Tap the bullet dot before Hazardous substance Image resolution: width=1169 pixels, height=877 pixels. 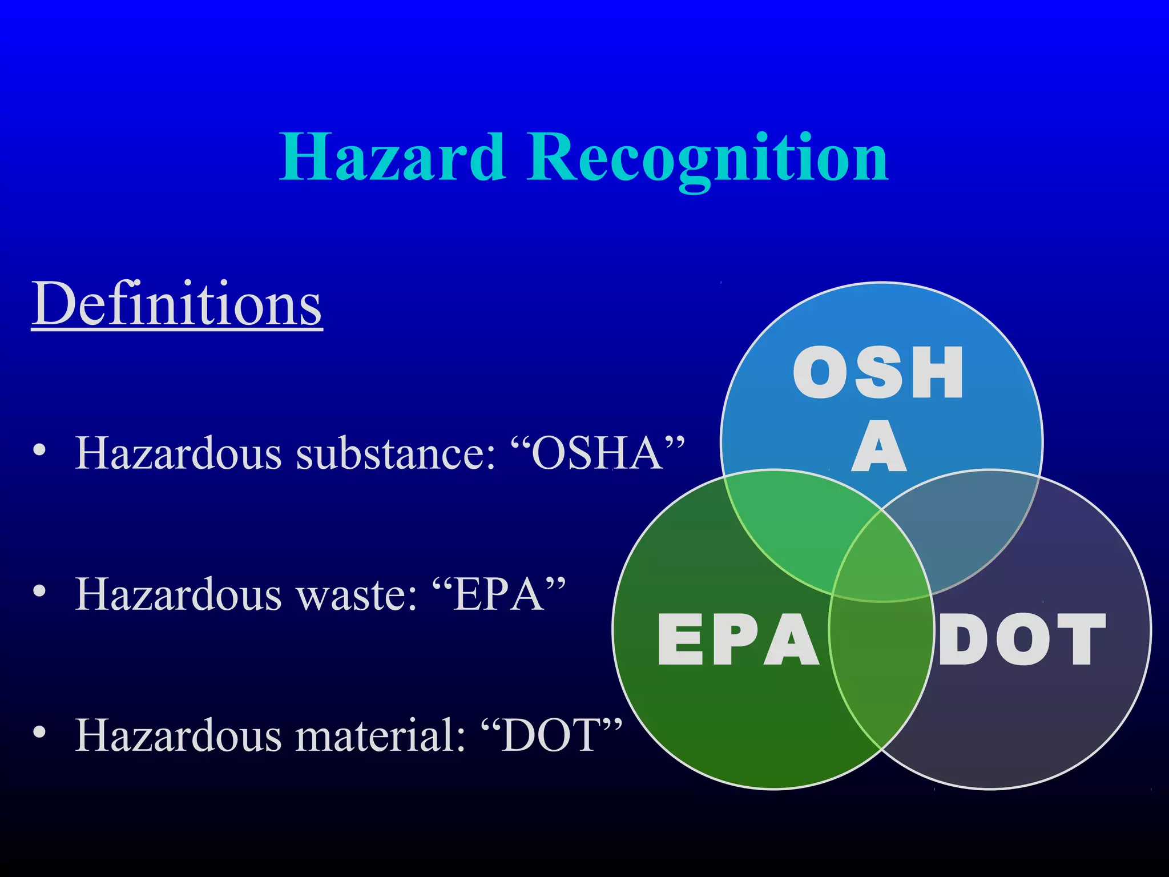click(39, 450)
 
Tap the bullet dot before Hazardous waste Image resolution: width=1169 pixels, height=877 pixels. click(39, 592)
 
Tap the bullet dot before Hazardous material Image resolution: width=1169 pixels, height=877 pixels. click(39, 733)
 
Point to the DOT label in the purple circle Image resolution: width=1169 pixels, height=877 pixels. click(1022, 639)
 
